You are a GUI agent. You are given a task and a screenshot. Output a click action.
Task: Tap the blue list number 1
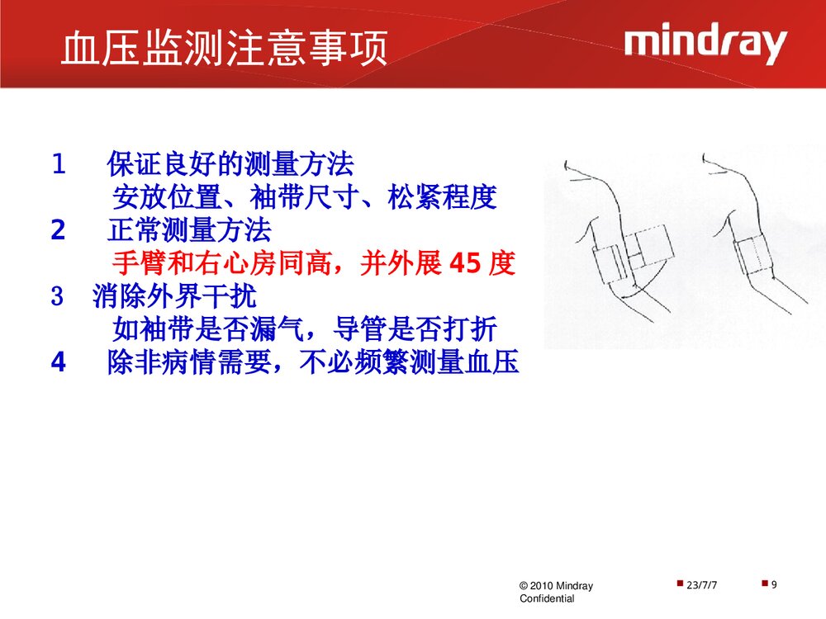click(58, 165)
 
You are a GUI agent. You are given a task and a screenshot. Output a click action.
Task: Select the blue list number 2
click(58, 230)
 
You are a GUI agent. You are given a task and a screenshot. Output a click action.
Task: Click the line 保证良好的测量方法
click(230, 165)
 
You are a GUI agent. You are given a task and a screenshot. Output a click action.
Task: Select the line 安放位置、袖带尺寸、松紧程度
click(303, 198)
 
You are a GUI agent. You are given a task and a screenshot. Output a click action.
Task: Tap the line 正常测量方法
click(188, 230)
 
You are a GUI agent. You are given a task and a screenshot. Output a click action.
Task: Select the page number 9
click(774, 585)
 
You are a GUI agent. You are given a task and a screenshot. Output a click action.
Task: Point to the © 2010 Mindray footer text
click(556, 586)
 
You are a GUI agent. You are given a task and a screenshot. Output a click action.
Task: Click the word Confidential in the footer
click(547, 598)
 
